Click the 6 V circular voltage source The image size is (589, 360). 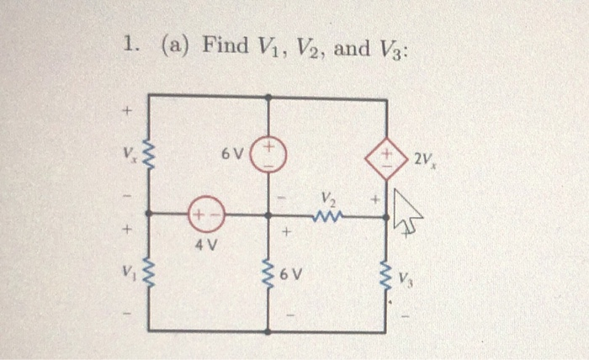269,156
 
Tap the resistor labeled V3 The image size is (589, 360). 386,274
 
